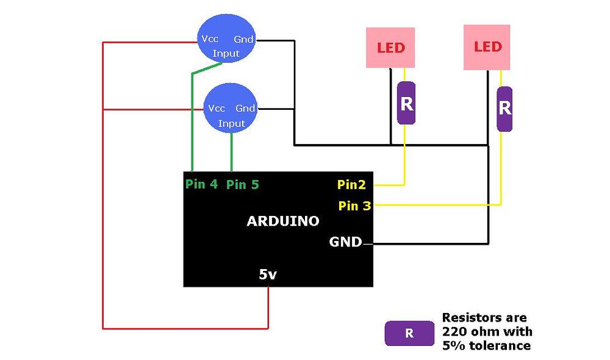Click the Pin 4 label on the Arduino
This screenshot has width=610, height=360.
202,184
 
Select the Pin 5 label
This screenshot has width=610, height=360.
242,184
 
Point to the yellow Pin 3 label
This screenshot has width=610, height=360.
354,206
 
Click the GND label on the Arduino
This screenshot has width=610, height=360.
345,242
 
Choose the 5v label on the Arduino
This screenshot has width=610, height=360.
268,275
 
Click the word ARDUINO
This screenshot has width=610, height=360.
282,221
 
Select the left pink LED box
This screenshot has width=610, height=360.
390,47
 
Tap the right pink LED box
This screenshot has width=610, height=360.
487,47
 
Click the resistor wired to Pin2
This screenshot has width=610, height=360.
406,103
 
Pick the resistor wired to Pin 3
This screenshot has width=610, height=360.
504,109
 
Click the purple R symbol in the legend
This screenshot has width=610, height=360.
409,333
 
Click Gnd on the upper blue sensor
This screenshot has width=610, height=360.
243,39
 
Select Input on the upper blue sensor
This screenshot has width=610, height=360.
226,54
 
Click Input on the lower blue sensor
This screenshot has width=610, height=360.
231,123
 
